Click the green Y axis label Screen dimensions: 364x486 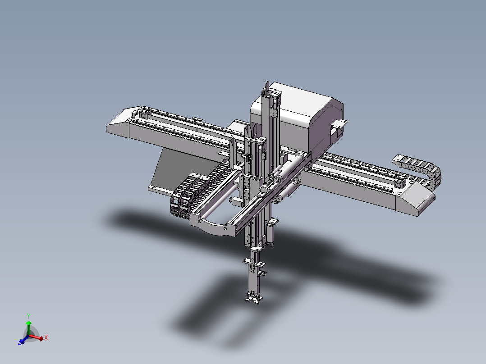click(28, 316)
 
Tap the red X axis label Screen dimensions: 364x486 click(46, 337)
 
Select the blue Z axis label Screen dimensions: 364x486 click(20, 342)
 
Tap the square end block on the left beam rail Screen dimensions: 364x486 click(143, 114)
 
